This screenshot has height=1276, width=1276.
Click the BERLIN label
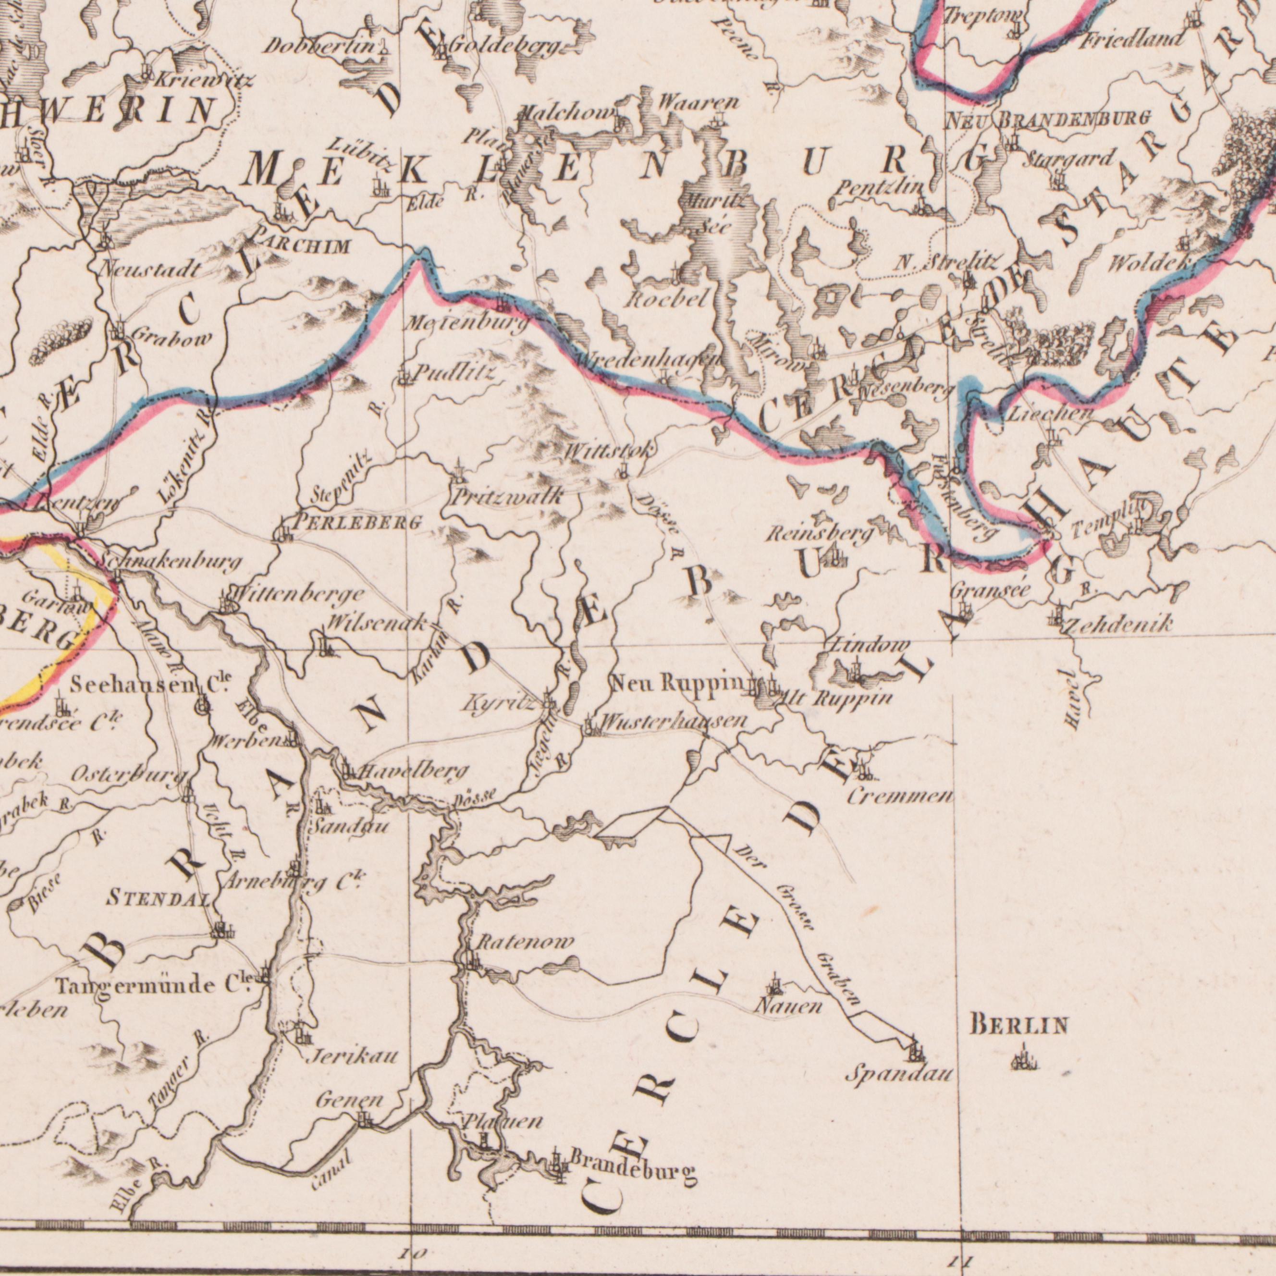click(x=1018, y=1026)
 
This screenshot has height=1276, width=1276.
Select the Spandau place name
click(x=899, y=1075)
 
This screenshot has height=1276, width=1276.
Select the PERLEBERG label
click(x=356, y=523)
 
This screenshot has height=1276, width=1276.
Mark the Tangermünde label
click(x=137, y=987)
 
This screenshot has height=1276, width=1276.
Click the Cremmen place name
click(x=899, y=797)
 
